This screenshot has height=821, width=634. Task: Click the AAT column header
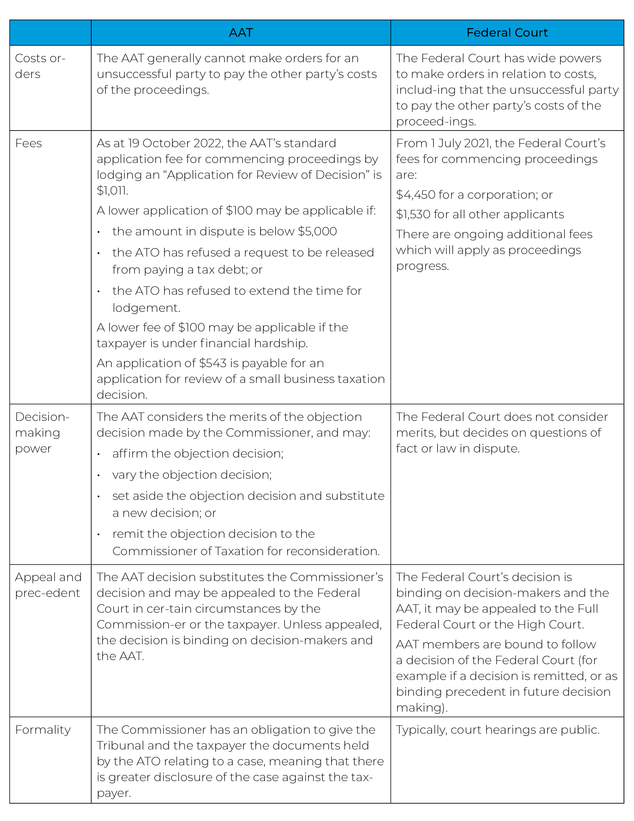[241, 33]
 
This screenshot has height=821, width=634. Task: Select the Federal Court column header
[507, 33]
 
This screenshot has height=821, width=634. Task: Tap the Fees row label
[28, 143]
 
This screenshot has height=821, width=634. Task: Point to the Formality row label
[43, 730]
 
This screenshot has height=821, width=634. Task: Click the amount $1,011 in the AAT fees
[112, 191]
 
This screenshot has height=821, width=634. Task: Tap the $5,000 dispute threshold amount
[317, 231]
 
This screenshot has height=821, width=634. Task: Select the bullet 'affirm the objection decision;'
[198, 454]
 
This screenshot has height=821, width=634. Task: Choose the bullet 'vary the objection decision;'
[192, 475]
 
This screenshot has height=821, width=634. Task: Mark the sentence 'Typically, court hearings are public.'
[498, 730]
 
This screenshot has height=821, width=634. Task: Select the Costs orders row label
[40, 66]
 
